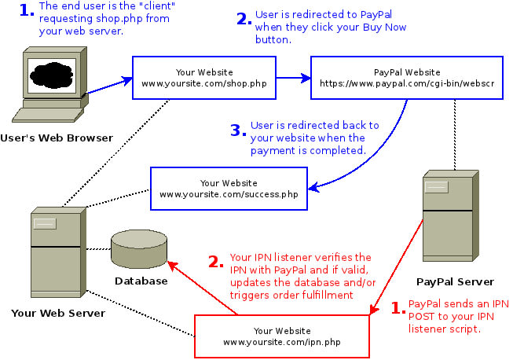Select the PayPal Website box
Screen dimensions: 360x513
406,77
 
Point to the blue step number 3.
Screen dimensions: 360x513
239,130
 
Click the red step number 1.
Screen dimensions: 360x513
398,307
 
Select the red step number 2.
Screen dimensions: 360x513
217,261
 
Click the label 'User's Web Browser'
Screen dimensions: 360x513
57,138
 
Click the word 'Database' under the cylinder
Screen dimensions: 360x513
141,281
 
